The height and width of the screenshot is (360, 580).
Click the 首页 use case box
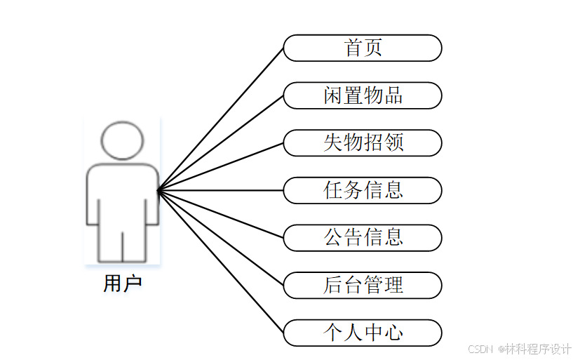tap(363, 48)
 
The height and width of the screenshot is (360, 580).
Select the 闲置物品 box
tap(363, 95)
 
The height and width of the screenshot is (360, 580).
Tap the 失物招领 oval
tap(363, 142)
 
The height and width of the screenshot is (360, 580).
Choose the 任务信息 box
tap(363, 190)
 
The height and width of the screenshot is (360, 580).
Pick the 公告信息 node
tap(363, 237)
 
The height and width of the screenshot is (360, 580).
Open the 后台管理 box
tap(363, 285)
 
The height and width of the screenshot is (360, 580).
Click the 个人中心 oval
tap(363, 332)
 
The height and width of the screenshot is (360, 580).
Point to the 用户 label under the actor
tap(123, 284)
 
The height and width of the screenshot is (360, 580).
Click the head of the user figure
tap(123, 140)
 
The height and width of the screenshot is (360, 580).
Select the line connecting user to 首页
tap(220, 119)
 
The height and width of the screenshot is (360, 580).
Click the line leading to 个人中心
tap(220, 261)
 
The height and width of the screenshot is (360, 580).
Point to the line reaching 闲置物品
tap(220, 142)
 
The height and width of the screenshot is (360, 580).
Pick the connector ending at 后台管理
tap(220, 237)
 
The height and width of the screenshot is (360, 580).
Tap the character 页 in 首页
tap(373, 48)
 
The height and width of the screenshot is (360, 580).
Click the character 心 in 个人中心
tap(393, 332)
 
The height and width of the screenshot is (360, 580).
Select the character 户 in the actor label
tap(133, 284)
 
